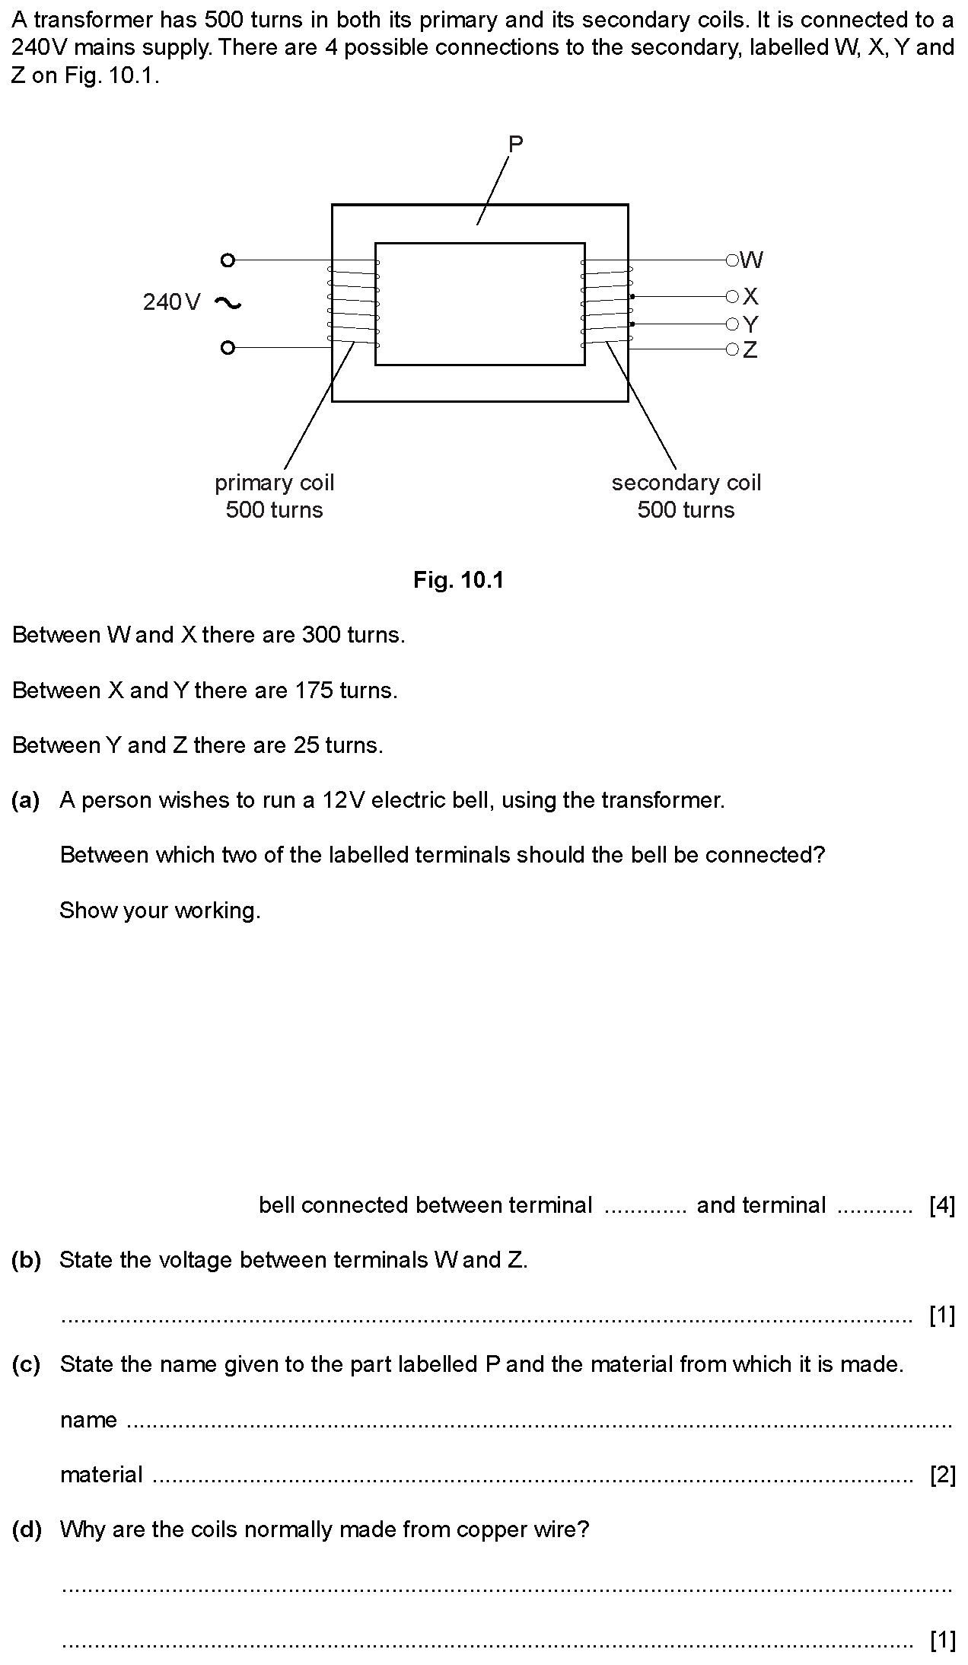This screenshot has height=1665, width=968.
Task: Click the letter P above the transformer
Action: pos(515,144)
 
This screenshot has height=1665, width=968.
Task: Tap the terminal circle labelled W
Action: pos(732,260)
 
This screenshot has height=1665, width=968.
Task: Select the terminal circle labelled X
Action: pos(732,296)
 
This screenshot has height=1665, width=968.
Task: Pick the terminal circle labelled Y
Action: pos(732,324)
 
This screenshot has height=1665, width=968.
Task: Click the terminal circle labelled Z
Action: pos(732,349)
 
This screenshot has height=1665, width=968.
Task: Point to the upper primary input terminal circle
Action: pos(227,260)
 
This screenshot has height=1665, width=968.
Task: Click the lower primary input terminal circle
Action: pos(227,348)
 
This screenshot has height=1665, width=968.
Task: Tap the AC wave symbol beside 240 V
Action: pos(228,303)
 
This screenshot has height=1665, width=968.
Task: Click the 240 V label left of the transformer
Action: pos(172,303)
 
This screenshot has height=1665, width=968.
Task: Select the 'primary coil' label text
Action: pos(274,483)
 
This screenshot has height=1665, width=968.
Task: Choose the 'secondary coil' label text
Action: pos(686,483)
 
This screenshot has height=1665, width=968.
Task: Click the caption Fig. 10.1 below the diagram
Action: pos(459,581)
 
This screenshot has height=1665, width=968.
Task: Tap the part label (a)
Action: pos(26,800)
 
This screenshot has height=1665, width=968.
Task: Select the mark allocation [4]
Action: pos(942,1205)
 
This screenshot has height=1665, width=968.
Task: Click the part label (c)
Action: pos(26,1364)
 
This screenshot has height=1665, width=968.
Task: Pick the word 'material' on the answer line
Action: pos(101,1475)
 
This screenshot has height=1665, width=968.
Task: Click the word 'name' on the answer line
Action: pos(88,1421)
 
